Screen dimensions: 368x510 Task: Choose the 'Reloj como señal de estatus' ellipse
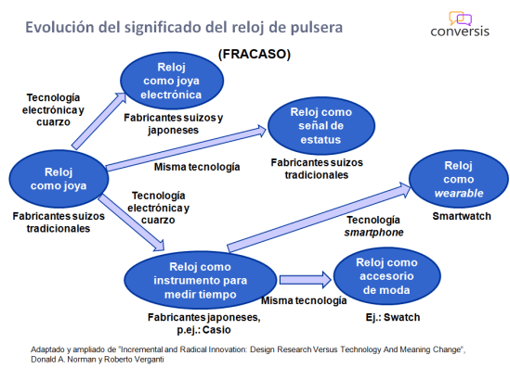click(322, 125)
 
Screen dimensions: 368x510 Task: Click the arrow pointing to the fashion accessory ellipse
click(305, 278)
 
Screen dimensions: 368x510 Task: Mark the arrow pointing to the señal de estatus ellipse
click(187, 151)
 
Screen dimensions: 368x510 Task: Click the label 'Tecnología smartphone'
click(376, 225)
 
